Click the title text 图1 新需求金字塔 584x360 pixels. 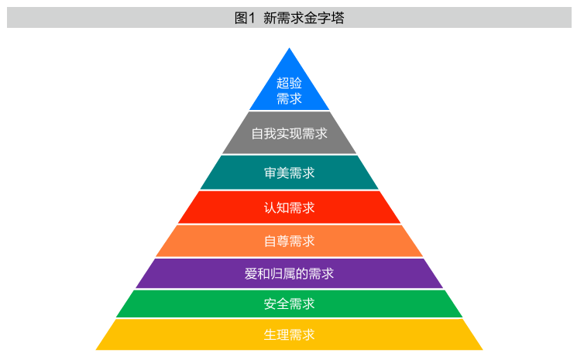(x=289, y=18)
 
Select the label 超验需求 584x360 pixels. (x=289, y=91)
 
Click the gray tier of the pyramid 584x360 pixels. (x=290, y=133)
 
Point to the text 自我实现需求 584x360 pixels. (x=290, y=133)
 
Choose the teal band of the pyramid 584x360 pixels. (x=290, y=173)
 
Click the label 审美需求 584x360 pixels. (x=290, y=173)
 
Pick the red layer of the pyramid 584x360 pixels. (x=290, y=207)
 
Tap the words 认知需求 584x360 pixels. (x=290, y=207)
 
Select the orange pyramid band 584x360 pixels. (x=290, y=241)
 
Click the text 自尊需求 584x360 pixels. (x=290, y=242)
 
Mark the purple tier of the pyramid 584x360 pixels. (x=290, y=273)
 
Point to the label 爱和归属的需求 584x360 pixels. (x=290, y=273)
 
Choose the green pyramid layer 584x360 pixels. (x=290, y=303)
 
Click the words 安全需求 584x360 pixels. (x=290, y=303)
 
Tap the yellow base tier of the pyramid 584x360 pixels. (x=290, y=334)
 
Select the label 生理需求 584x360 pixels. (x=290, y=334)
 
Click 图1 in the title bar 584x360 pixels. (x=245, y=18)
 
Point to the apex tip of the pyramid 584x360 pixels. (x=290, y=48)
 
